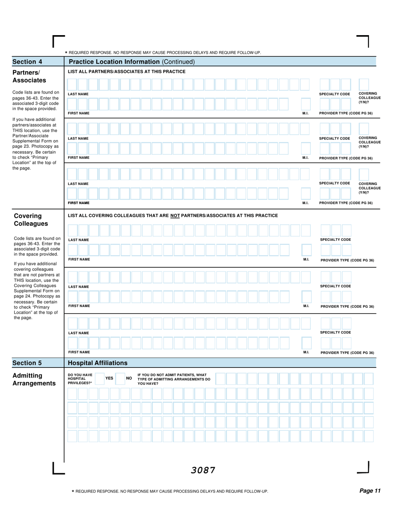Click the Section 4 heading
(x=27, y=62)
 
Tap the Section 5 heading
(x=27, y=363)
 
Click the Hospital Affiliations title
(x=98, y=363)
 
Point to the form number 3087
(x=203, y=470)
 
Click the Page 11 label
(x=369, y=491)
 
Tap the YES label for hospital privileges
(x=109, y=378)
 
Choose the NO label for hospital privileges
(x=129, y=378)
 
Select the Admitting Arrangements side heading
(x=34, y=379)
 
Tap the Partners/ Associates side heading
(x=29, y=76)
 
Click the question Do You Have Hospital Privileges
(x=80, y=379)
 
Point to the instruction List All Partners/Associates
(x=127, y=72)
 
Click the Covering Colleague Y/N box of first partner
(x=364, y=84)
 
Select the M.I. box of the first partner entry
(x=306, y=103)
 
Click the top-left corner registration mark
(x=58, y=41)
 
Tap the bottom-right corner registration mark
(x=363, y=468)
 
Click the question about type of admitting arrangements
(x=174, y=379)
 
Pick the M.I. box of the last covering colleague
(x=306, y=343)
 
